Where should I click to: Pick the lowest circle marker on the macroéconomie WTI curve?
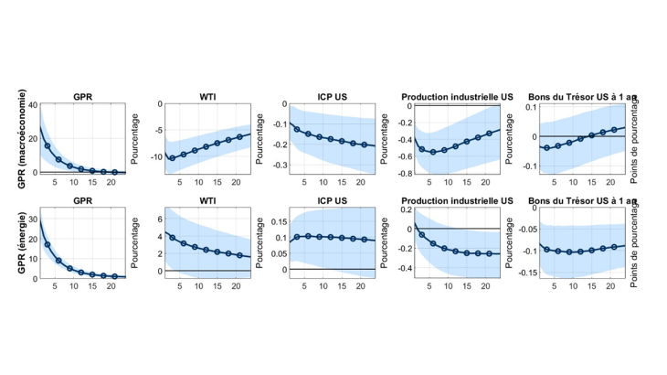[172, 158]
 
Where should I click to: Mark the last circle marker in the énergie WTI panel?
[239, 255]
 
